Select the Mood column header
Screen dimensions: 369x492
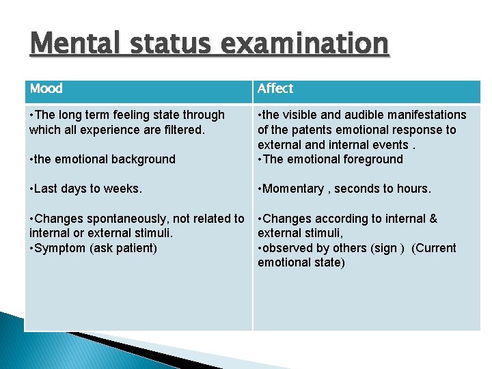coord(46,88)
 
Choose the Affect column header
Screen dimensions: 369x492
coord(275,88)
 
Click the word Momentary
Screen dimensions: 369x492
coord(291,189)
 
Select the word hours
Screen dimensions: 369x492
coord(413,189)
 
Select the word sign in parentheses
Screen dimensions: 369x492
coord(386,248)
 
